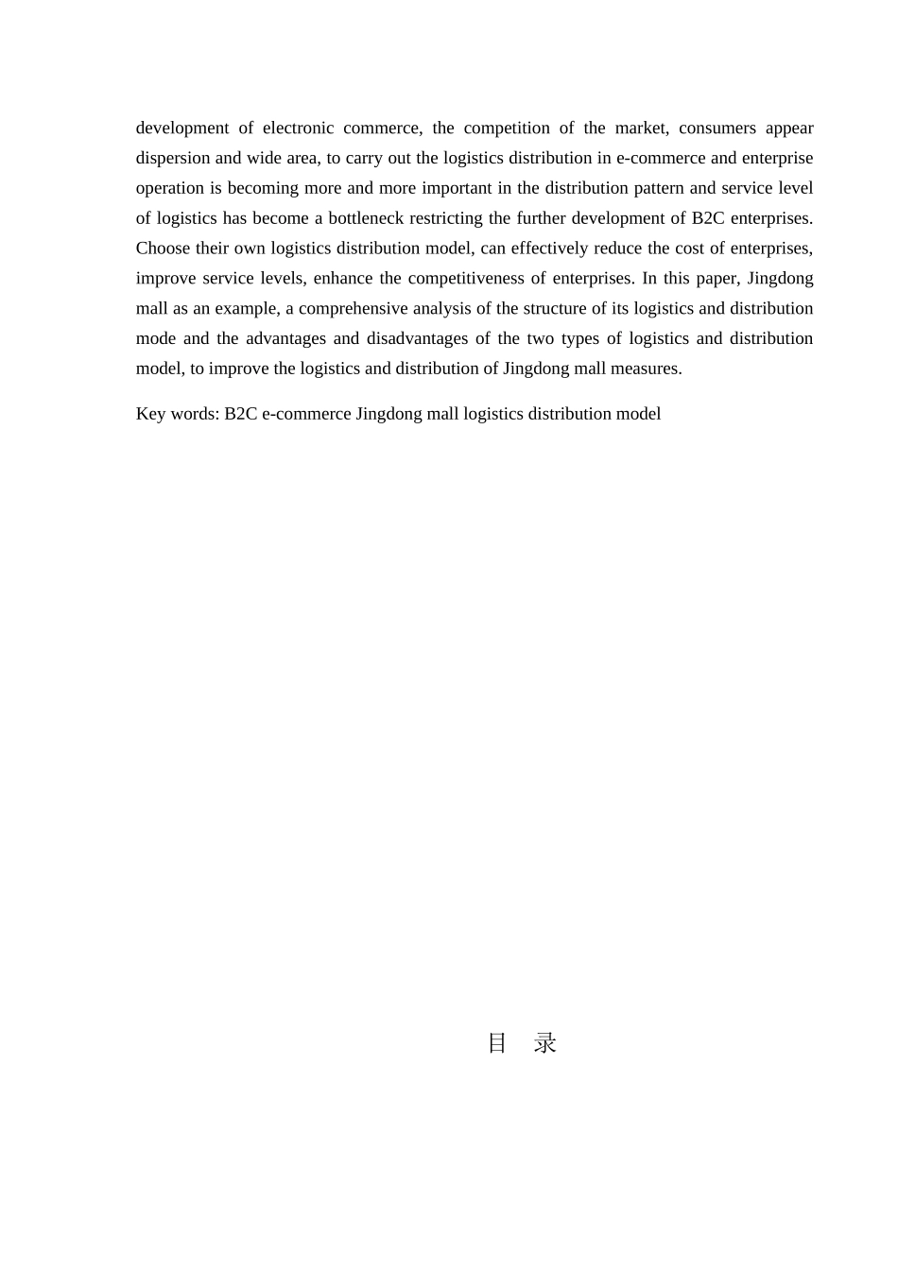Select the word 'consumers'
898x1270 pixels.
pos(717,128)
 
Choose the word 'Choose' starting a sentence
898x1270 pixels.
pos(163,249)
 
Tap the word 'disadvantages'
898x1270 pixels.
pos(417,338)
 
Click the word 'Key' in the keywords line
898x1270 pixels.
pos(151,414)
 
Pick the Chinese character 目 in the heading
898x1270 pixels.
pos(497,1043)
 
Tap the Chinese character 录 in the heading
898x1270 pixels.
pos(545,1043)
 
